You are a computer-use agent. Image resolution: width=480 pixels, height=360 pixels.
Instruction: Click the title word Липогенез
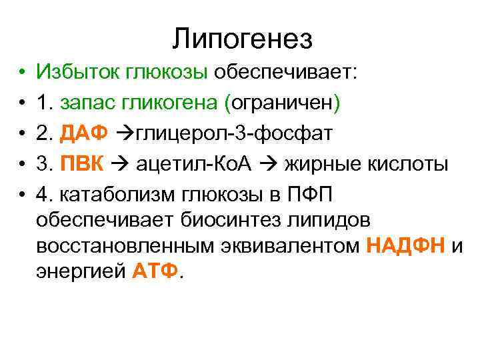[x=242, y=39]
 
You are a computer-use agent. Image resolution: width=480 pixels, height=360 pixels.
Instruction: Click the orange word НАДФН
[x=406, y=246]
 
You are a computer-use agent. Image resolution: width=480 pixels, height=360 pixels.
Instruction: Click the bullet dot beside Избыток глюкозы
[x=22, y=72]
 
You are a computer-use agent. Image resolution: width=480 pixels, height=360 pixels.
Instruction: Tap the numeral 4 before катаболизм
[x=43, y=194]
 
